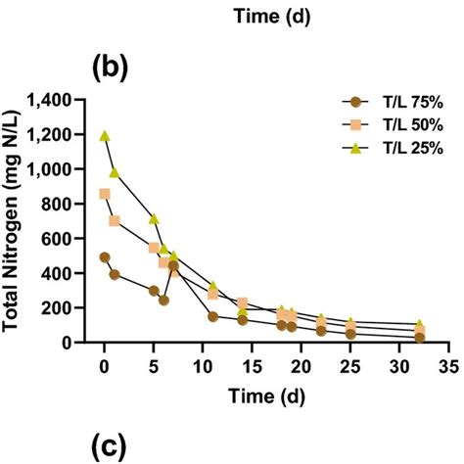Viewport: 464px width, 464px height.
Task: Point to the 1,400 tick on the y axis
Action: (x=63, y=101)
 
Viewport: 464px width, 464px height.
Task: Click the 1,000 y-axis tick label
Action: (x=63, y=170)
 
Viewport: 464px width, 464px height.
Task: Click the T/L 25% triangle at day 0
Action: (x=105, y=137)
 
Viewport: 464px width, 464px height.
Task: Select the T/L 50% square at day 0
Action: (x=105, y=194)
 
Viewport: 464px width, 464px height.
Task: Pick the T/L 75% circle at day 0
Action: (x=105, y=257)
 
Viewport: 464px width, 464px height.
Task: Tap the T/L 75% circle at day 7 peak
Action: (x=173, y=265)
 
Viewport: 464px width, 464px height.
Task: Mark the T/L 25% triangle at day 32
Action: (x=420, y=324)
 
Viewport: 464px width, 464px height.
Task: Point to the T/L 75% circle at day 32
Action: (x=420, y=338)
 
